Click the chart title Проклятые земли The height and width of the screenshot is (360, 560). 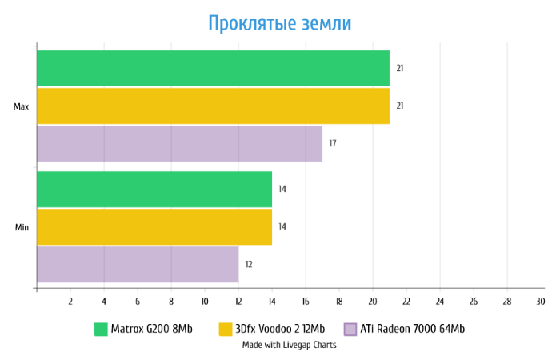[x=279, y=23]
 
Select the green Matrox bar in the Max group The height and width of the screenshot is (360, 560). [x=213, y=68]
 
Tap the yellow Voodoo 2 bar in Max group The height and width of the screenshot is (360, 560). [x=213, y=106]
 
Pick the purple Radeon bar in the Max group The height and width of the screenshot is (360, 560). [x=179, y=143]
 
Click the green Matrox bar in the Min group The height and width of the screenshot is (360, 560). [x=154, y=189]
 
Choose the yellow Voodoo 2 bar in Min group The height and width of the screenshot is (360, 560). [x=154, y=226]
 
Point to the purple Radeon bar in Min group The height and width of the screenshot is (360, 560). [x=138, y=264]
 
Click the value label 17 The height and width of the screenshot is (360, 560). [x=332, y=144]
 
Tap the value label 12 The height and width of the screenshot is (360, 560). [x=248, y=264]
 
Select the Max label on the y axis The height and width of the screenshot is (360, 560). [x=22, y=106]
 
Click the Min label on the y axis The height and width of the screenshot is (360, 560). [x=22, y=227]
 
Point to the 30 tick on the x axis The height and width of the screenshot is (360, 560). [x=540, y=302]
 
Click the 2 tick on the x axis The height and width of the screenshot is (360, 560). [x=70, y=302]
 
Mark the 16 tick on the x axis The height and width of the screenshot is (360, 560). [x=306, y=302]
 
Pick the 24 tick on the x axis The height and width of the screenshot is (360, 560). [x=440, y=302]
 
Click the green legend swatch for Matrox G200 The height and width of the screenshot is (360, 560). [x=101, y=329]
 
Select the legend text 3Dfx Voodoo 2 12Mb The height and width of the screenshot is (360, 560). [x=280, y=329]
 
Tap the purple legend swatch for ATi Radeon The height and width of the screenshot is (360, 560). [x=350, y=329]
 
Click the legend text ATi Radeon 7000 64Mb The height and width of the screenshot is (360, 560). [x=413, y=329]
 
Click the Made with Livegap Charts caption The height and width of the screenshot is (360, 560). [x=290, y=345]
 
